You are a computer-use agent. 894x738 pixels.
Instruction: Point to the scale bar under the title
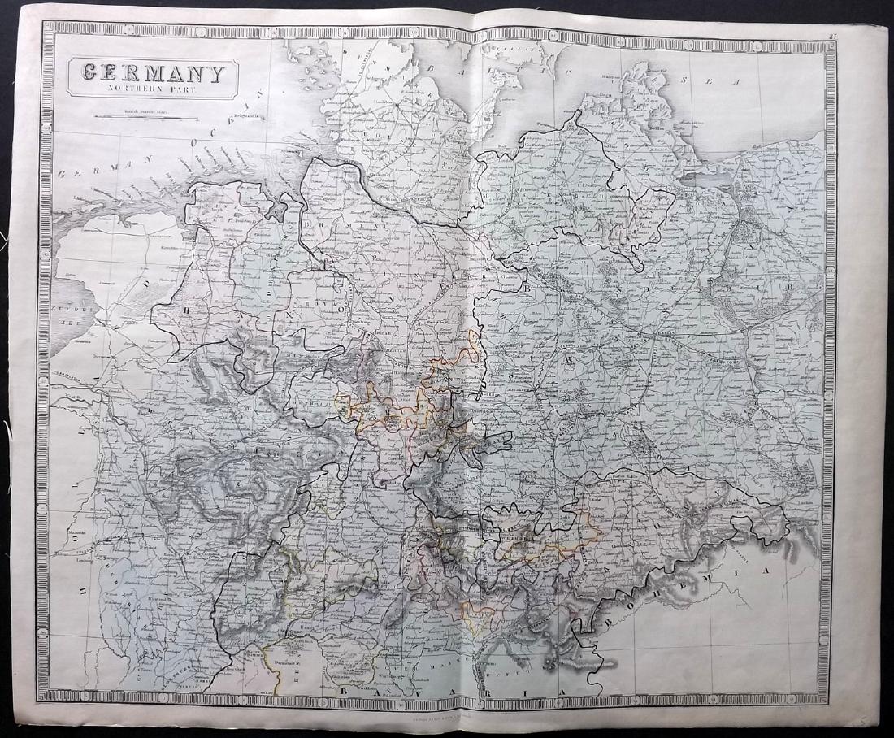tap(146, 118)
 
